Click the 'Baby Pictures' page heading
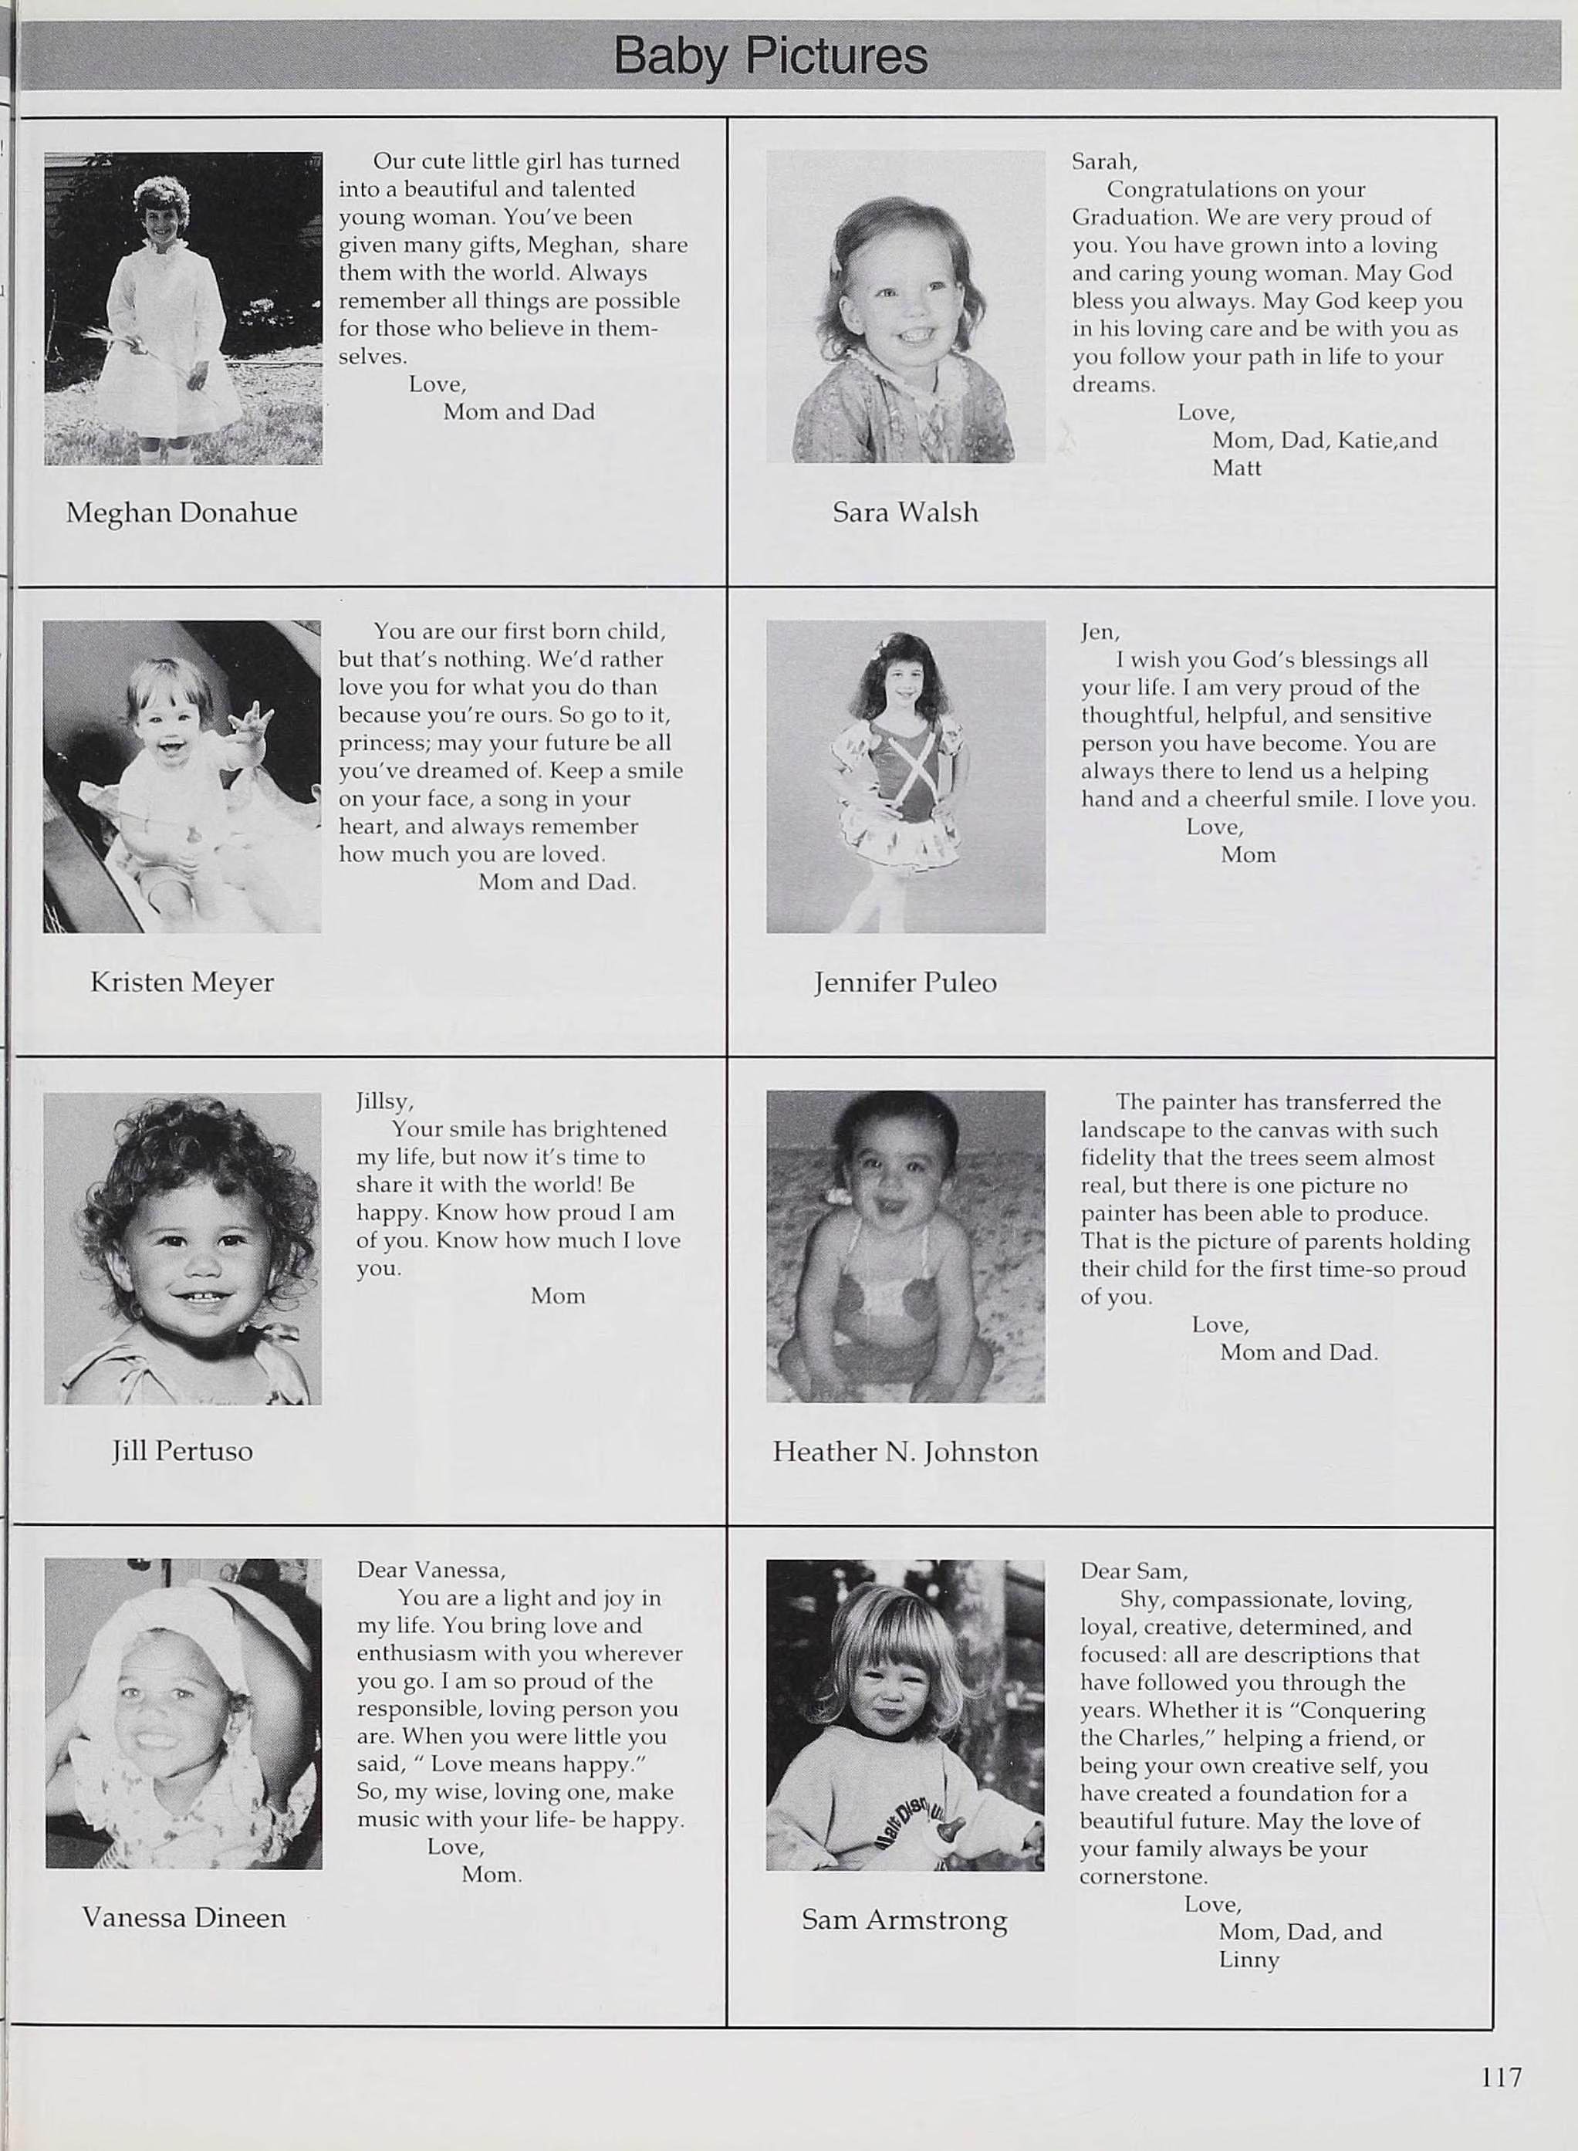[770, 56]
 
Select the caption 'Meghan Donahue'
[181, 513]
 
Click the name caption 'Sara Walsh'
[904, 513]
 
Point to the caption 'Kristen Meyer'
[181, 982]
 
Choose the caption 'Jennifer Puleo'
[904, 982]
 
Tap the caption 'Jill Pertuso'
[181, 1451]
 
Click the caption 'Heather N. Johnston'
[904, 1452]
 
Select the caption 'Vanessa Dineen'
[184, 1917]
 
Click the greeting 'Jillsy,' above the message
[384, 1101]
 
